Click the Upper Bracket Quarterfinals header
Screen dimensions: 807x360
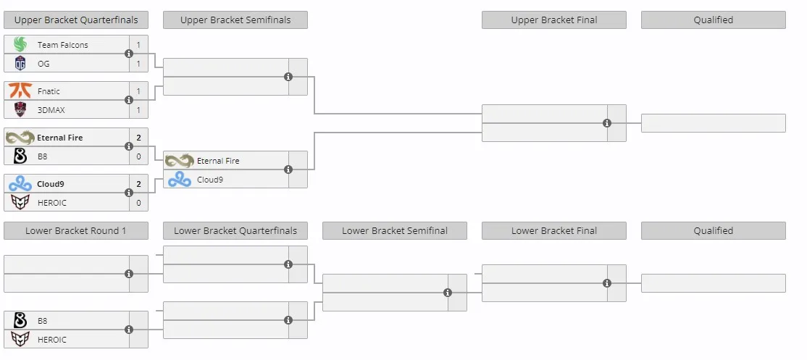(75, 20)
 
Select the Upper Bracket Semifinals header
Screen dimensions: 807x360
(235, 20)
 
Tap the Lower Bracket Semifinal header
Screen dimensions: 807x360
(395, 231)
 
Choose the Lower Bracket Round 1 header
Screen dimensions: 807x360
(75, 231)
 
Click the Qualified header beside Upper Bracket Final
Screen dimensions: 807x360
(714, 20)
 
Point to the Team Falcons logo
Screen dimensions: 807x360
(20, 45)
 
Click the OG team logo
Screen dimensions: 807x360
(20, 64)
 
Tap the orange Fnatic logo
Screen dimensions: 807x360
(20, 91)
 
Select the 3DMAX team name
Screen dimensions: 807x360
(51, 110)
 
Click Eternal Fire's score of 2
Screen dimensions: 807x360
(138, 138)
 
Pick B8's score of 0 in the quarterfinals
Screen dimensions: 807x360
(138, 156)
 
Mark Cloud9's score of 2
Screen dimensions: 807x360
(138, 183)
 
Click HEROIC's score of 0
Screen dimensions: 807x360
(138, 203)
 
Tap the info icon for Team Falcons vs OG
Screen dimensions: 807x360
(129, 54)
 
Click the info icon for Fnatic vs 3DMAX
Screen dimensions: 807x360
(129, 100)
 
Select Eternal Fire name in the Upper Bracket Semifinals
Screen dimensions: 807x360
(218, 161)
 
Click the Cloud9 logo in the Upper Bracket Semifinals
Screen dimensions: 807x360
(180, 180)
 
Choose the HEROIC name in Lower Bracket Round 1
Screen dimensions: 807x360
(52, 340)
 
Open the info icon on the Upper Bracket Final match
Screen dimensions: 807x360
(607, 123)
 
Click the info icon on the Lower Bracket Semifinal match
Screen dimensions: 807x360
(448, 292)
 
